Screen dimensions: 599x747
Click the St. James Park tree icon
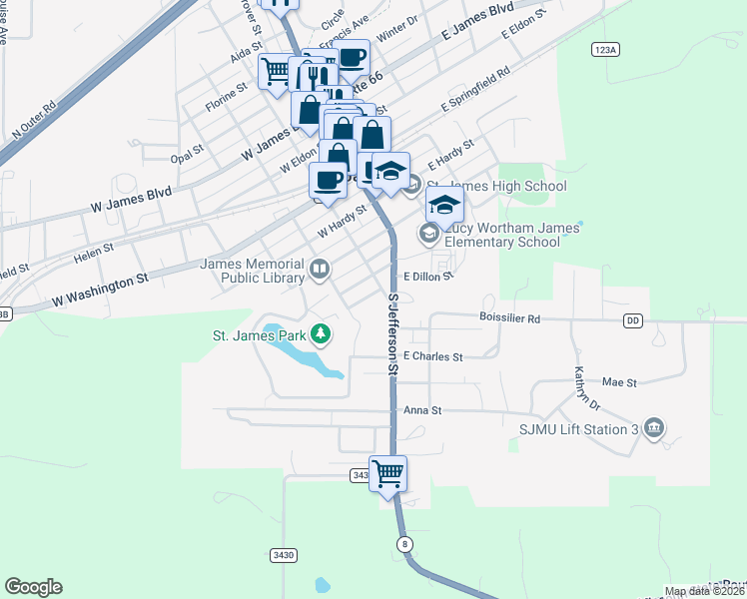(321, 332)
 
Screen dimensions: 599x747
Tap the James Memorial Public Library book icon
(319, 268)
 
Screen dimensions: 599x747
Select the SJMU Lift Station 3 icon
(654, 429)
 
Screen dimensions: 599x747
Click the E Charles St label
(433, 356)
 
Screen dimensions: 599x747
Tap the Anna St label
(422, 410)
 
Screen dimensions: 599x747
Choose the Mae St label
(620, 381)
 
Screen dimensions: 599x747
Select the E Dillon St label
(428, 277)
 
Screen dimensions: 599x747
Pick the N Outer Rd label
(35, 118)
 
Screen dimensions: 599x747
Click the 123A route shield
(606, 49)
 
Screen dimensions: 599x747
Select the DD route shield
(633, 320)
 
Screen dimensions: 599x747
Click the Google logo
(33, 587)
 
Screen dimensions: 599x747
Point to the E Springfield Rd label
(475, 90)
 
